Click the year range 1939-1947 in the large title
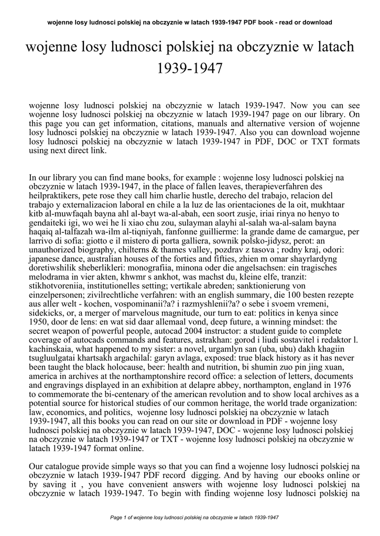pyautogui.click(x=190, y=68)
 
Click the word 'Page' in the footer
pyautogui.click(x=116, y=517)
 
